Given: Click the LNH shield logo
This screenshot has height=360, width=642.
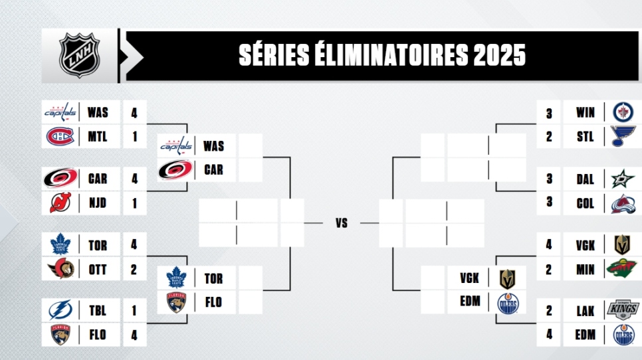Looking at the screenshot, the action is coord(80,55).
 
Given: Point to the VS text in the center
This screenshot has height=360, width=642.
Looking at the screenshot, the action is coord(342,223).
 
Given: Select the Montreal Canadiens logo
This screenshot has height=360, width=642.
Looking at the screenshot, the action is coord(60,136).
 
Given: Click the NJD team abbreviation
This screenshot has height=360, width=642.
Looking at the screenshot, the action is coord(98,203).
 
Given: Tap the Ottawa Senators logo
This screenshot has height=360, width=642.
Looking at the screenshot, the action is coord(61,269).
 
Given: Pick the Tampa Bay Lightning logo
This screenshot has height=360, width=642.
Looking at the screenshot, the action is coord(60,310).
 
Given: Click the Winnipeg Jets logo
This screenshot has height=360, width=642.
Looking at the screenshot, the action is coord(623,112).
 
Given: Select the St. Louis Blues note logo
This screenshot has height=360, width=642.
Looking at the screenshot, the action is coord(623,136).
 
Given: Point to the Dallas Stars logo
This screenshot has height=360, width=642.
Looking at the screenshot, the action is coord(623,179).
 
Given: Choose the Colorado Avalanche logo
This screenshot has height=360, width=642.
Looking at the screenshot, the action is coord(623,203).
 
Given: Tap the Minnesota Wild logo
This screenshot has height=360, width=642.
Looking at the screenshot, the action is coord(622,268).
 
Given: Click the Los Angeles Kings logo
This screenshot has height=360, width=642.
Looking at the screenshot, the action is coord(623,310).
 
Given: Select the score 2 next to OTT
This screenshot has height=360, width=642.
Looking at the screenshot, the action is coord(134,269).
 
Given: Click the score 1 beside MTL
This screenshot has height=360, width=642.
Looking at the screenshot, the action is coord(135,137).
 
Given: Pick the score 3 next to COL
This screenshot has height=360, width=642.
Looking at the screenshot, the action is coord(549,202).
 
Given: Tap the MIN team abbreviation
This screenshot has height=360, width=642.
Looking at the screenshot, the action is coord(585,270).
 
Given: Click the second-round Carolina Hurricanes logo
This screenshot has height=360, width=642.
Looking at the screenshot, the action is coord(175,170).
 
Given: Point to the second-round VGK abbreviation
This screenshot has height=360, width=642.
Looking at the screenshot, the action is coord(469,278).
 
